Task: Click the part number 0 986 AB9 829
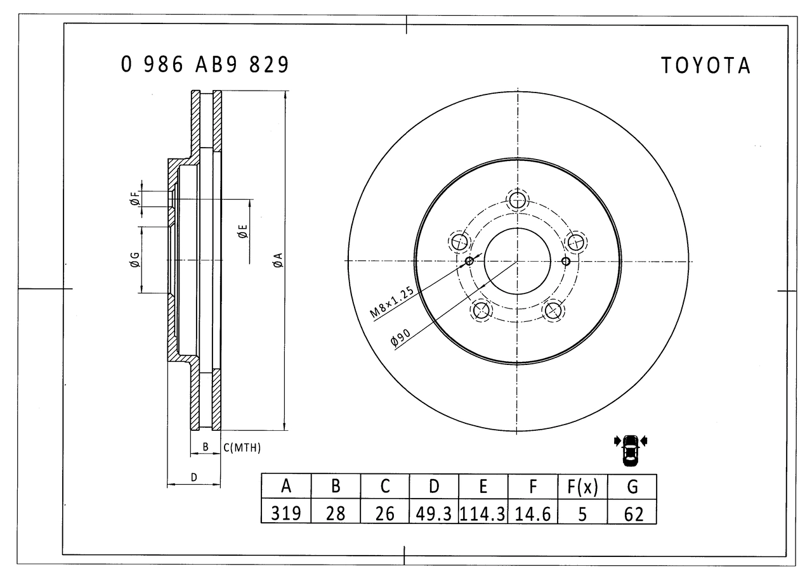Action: pos(204,65)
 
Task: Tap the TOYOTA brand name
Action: pos(705,66)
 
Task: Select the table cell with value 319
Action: pos(286,513)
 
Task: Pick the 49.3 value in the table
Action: pos(433,513)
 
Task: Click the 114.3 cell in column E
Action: pos(483,513)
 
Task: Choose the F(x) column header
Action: pos(582,486)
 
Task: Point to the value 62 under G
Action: pos(632,513)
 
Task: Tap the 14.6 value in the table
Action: pos(532,513)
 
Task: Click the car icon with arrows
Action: pos(631,450)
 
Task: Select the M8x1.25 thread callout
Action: pos(392,302)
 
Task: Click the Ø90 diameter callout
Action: pos(400,338)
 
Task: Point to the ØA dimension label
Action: pos(278,260)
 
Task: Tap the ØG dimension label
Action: pos(134,260)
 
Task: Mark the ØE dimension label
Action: pos(243,231)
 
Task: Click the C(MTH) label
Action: pos(242,448)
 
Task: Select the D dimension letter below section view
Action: pos(194,477)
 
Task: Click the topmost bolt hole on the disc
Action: pos(517,200)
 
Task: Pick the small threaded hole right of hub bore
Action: pos(565,261)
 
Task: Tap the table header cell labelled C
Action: pos(385,486)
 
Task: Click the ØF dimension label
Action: pos(135,199)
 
